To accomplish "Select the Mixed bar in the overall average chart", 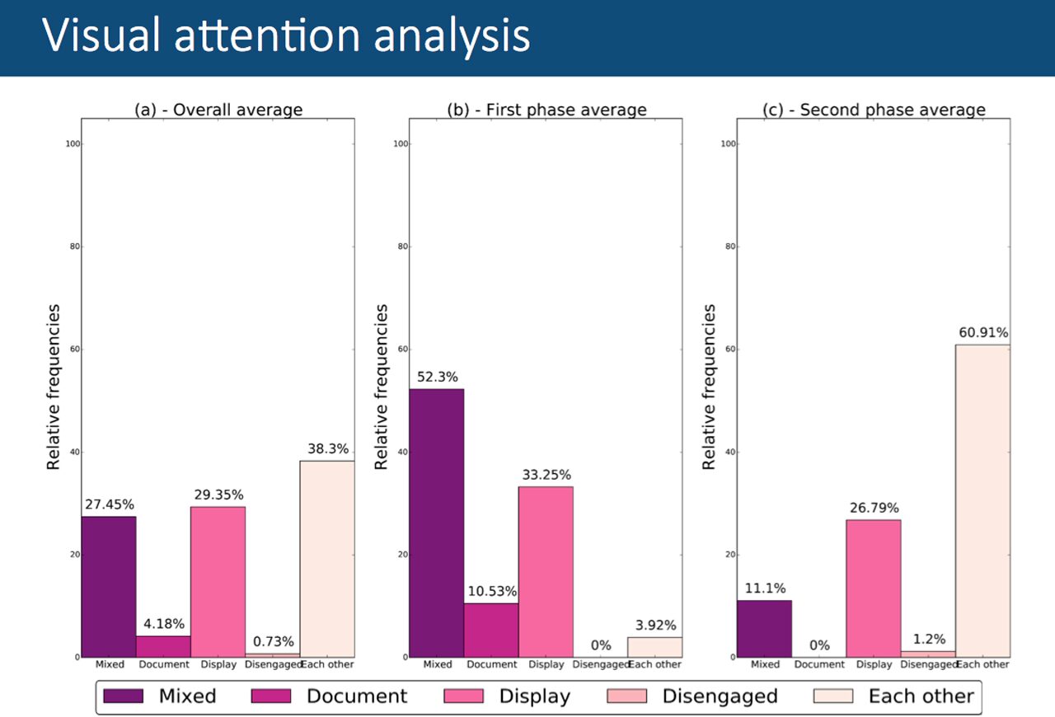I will [x=108, y=586].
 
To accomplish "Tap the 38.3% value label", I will [x=327, y=449].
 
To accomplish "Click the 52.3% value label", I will [x=436, y=377].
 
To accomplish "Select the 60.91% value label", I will [x=982, y=333].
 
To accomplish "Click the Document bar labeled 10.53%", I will [x=491, y=630].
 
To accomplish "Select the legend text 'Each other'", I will [x=921, y=696].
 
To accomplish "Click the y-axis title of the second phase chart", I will [x=710, y=387].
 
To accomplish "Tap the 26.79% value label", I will [x=873, y=508].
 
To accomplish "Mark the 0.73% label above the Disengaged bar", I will [x=272, y=642].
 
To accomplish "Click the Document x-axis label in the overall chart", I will [x=163, y=664].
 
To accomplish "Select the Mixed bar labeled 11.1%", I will [x=764, y=628].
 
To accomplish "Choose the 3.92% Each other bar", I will [x=654, y=647].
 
